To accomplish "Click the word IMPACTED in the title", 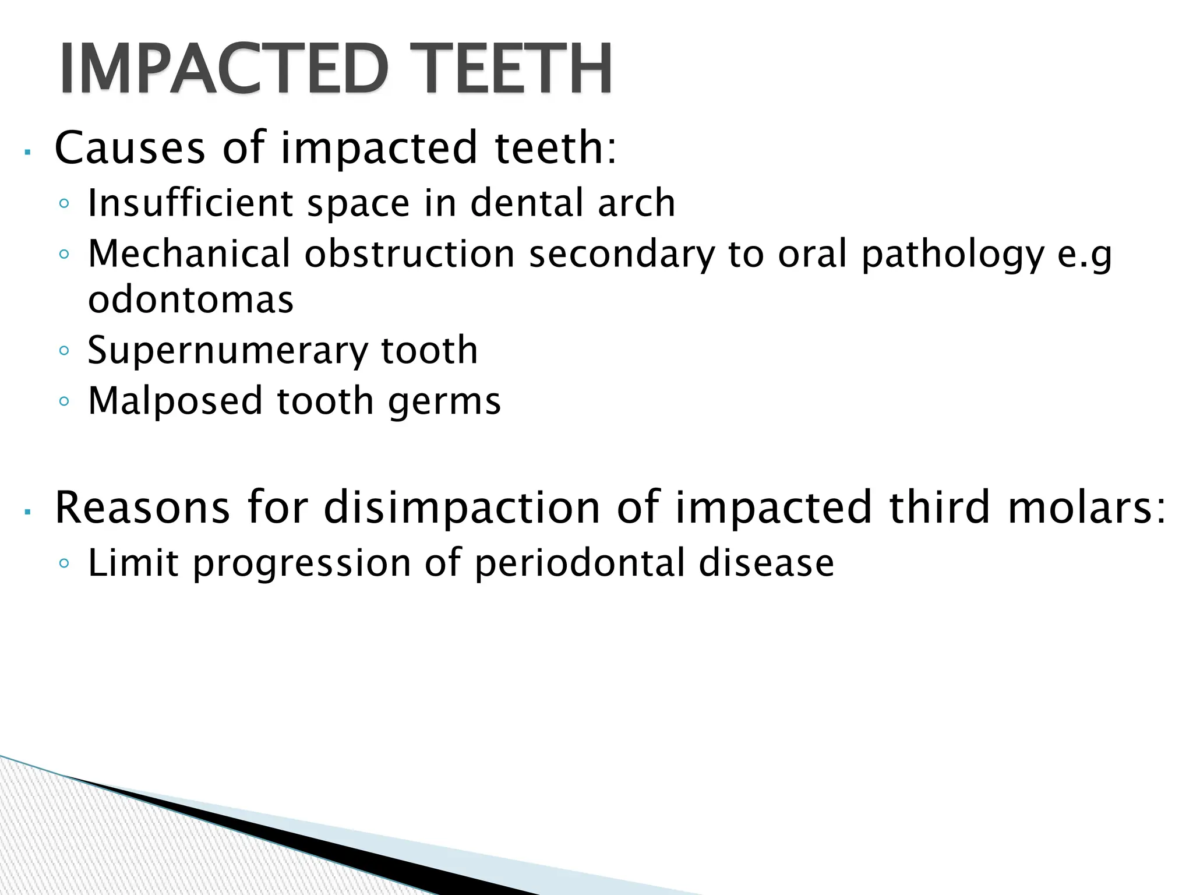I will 224,68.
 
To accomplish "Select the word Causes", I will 129,147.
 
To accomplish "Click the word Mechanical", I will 189,254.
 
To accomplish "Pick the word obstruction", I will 410,254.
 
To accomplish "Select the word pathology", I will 953,255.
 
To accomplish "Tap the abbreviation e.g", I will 1084,255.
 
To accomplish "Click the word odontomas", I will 190,299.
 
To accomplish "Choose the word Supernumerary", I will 228,350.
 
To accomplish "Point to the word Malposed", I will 175,401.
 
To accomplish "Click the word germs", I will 444,402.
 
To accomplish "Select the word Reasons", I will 142,508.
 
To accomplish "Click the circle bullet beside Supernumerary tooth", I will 64,351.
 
